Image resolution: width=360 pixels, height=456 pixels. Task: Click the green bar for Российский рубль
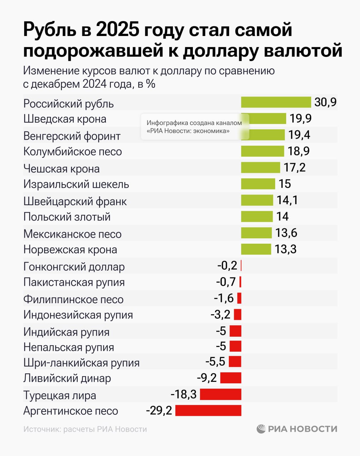(x=276, y=102)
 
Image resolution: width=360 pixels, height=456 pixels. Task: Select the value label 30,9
(x=325, y=102)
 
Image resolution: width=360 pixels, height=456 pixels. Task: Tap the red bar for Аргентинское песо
(x=208, y=410)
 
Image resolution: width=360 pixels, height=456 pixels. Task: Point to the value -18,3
(x=184, y=394)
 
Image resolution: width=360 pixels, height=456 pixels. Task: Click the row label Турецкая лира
(x=60, y=395)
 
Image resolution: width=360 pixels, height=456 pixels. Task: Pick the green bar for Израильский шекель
(x=258, y=184)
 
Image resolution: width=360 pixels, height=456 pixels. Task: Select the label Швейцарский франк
(x=75, y=201)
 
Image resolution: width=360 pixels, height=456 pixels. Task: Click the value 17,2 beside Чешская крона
(x=294, y=167)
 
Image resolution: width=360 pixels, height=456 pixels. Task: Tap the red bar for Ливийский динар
(x=231, y=378)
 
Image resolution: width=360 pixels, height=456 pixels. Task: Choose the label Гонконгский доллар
(x=74, y=266)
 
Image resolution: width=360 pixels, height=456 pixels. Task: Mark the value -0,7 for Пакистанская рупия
(x=226, y=282)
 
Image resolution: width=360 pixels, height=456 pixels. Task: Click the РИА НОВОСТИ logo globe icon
(x=261, y=429)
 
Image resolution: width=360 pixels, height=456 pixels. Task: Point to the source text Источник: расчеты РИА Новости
(x=85, y=429)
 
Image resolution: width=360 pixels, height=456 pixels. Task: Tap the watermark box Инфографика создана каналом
(x=194, y=127)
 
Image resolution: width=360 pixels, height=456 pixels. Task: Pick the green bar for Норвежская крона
(x=256, y=249)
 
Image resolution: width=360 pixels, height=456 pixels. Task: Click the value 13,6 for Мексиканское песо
(x=286, y=233)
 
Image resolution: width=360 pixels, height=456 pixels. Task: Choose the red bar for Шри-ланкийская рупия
(x=235, y=362)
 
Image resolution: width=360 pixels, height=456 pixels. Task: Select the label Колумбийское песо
(x=72, y=152)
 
